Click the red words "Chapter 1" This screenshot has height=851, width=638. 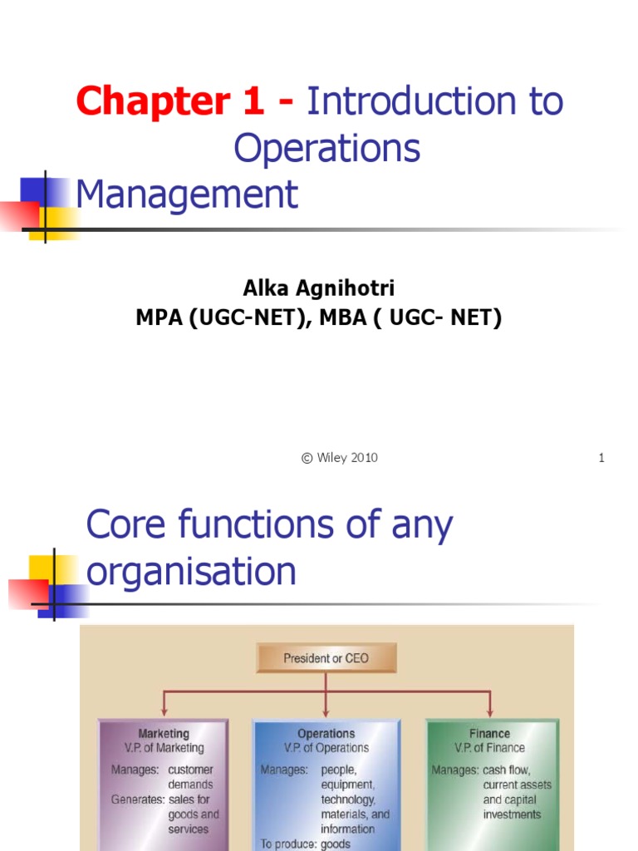point(170,102)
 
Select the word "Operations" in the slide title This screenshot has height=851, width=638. point(326,149)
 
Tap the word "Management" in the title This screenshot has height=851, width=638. point(186,194)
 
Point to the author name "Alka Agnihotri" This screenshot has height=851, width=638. point(319,288)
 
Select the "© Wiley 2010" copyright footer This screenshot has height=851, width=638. point(339,458)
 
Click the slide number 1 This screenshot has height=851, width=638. point(601,458)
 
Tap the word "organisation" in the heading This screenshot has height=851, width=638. point(191,572)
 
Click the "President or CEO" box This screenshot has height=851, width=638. point(326,658)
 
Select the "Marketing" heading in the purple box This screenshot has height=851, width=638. point(164,734)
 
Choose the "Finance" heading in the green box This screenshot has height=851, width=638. point(489,734)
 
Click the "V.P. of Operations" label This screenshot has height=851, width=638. point(326,748)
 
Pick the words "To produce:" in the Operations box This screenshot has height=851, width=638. point(288,844)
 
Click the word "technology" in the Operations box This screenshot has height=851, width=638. point(348,799)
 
